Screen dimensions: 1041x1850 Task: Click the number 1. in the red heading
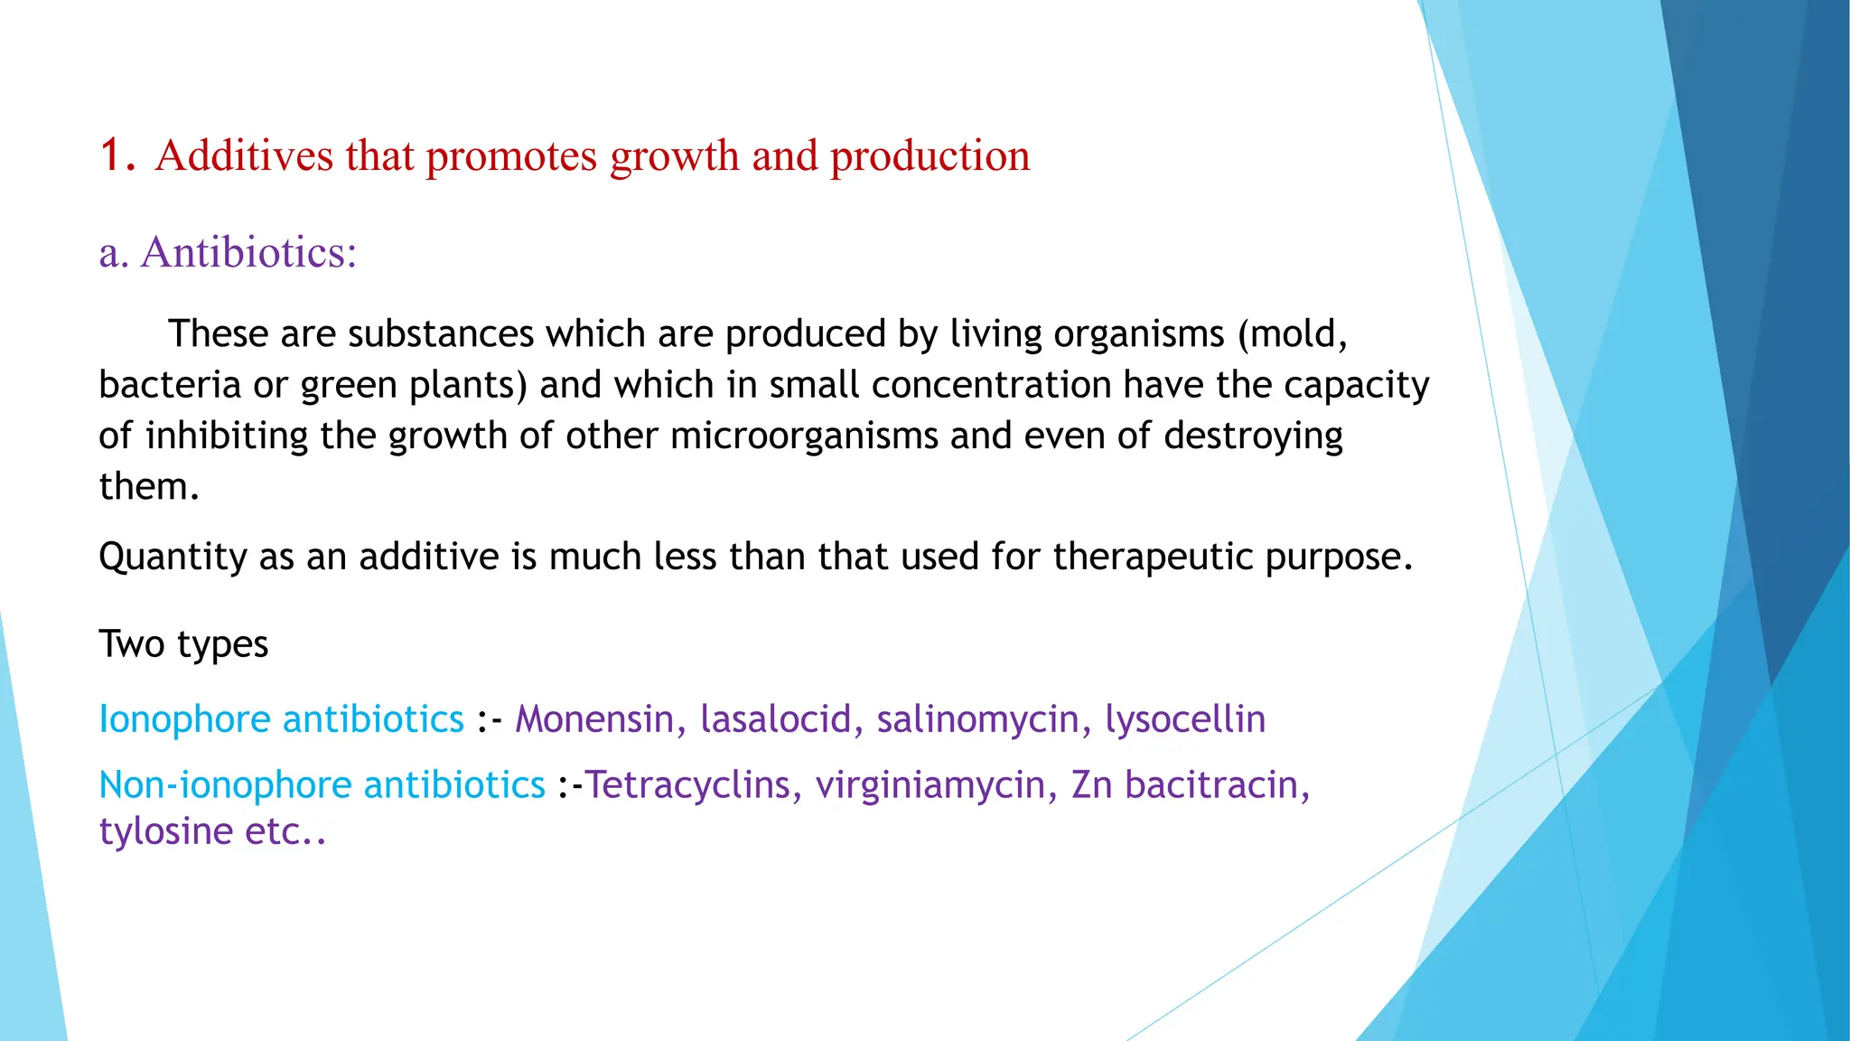coord(117,155)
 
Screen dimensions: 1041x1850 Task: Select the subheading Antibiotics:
coord(248,252)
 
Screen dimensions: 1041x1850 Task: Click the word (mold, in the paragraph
coord(1292,334)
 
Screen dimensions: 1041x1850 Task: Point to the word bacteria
coord(169,385)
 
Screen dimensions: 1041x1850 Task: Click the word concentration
coord(991,385)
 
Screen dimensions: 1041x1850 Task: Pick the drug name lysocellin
coord(1184,720)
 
